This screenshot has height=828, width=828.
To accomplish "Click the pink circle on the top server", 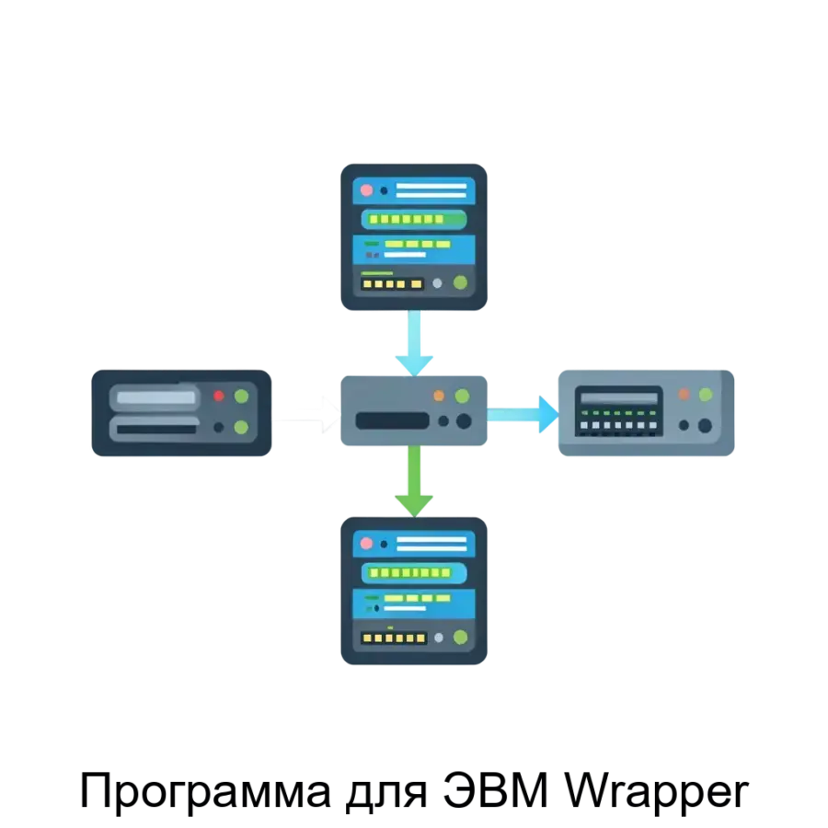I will point(366,190).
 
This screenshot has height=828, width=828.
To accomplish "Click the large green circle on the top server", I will point(460,283).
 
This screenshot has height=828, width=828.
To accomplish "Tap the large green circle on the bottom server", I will point(460,637).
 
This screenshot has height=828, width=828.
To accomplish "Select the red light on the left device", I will point(219,397).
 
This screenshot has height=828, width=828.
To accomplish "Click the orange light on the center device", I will point(439,396).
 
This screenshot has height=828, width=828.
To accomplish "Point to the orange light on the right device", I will point(684,395).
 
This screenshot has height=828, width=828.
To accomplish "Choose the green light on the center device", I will point(462,396).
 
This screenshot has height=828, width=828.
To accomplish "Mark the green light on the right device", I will point(706,395).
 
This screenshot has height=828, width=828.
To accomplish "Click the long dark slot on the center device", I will point(392,421).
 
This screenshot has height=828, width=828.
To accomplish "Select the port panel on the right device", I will point(618,411).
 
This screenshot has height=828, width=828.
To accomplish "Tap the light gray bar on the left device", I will point(154,398).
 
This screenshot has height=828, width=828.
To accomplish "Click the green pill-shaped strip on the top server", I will point(413,219).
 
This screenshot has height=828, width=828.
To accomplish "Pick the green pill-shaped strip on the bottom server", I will point(413,573).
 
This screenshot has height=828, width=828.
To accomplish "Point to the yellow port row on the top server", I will point(392,284).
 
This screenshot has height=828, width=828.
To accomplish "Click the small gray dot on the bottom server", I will point(439,637).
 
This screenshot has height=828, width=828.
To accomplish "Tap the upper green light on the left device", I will point(241,397).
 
